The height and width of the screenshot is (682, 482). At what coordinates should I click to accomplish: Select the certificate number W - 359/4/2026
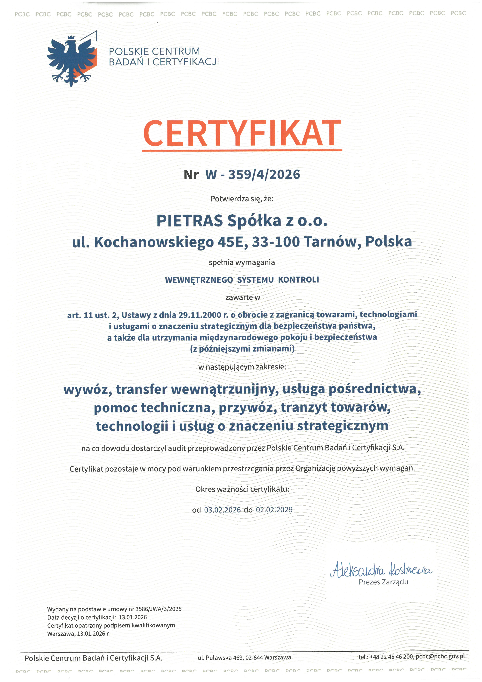252,174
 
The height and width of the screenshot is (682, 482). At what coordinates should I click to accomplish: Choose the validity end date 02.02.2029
274,510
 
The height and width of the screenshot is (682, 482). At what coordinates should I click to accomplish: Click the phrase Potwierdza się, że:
241,199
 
